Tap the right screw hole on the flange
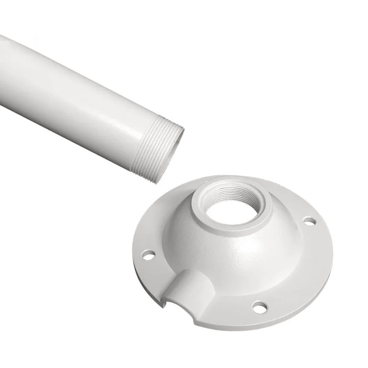pyautogui.click(x=309, y=222)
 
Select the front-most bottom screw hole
pyautogui.click(x=259, y=306)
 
